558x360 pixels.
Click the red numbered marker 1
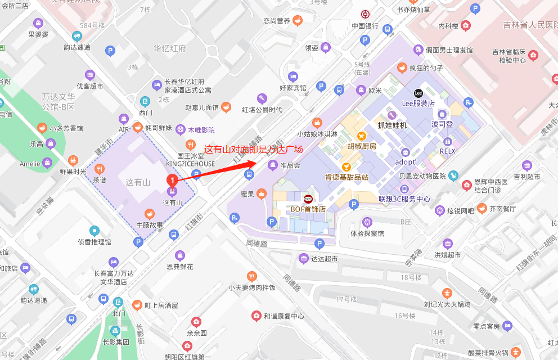pos(173,180)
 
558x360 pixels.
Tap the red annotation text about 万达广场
pos(253,150)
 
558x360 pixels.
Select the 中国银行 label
pos(364,26)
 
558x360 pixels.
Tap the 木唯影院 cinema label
pos(201,130)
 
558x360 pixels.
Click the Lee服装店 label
pos(418,103)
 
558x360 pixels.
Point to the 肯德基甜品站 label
pos(346,177)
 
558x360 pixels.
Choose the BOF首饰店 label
pos(308,209)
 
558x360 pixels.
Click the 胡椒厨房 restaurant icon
pos(362,136)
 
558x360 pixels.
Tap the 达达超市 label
pos(325,259)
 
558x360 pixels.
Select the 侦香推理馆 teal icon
pos(94,231)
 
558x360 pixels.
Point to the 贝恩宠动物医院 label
pos(422,176)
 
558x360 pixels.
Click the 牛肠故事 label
pos(150,225)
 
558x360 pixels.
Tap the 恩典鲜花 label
pos(180,267)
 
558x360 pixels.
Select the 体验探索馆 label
pos(367,233)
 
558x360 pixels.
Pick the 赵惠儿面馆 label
pos(201,107)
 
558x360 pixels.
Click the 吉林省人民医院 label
pos(529,25)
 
